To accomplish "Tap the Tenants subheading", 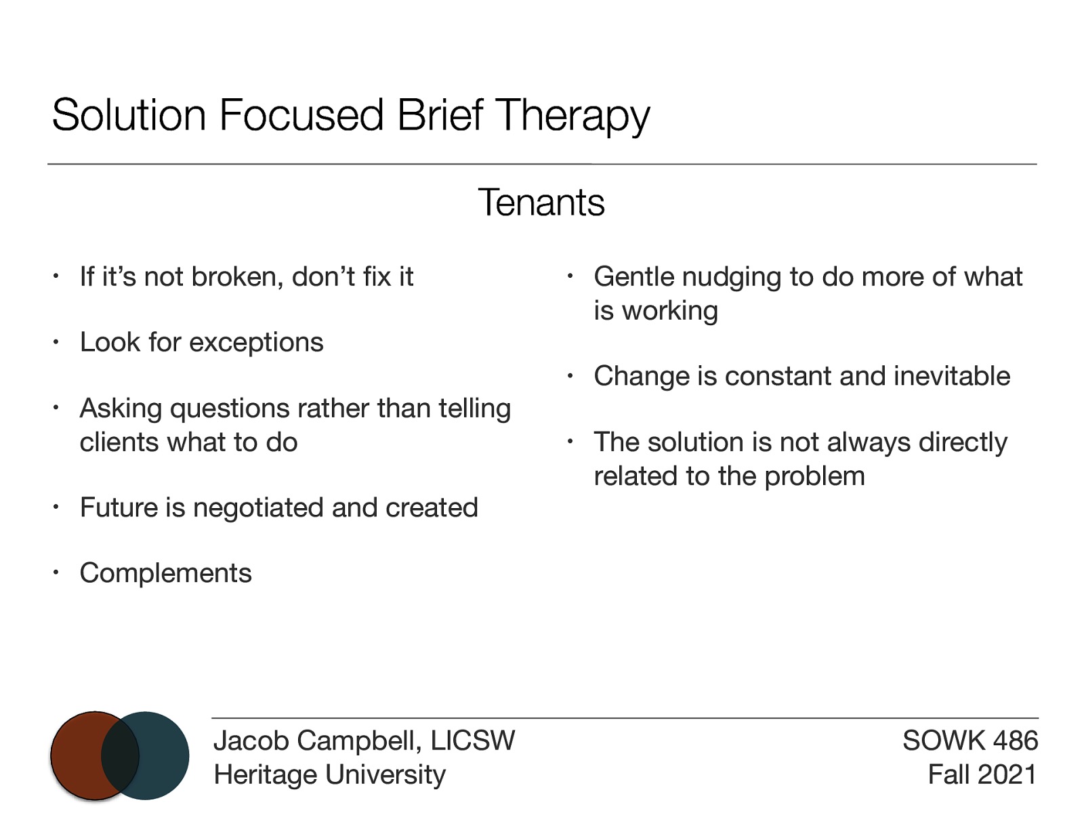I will coord(541,203).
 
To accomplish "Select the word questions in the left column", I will coord(230,409).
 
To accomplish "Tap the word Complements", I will coord(165,573).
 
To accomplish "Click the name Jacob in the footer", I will coord(251,741).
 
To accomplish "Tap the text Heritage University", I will coord(329,774).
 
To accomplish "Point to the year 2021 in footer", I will coord(1007,774).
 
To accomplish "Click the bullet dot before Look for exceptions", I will coord(57,343).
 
